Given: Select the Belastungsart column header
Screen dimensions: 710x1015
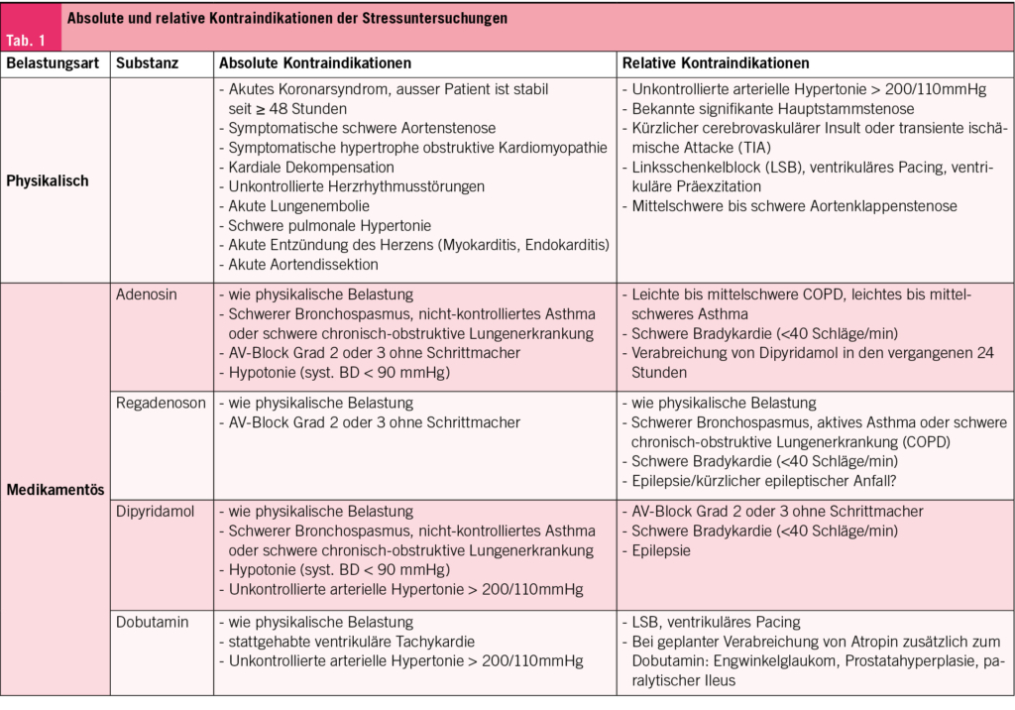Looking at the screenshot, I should coord(53,63).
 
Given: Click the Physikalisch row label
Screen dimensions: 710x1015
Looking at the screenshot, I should coord(48,181).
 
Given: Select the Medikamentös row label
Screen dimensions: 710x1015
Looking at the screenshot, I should coord(56,490).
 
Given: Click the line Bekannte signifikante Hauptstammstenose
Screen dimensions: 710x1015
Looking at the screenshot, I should coord(772,109).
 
